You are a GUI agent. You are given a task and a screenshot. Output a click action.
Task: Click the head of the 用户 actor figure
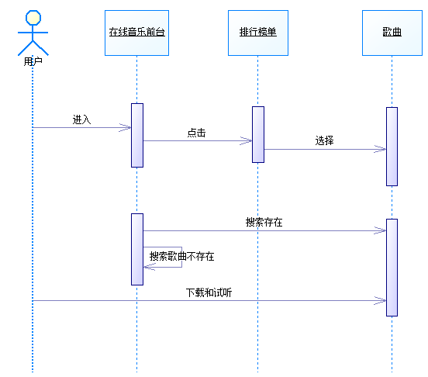[33, 18]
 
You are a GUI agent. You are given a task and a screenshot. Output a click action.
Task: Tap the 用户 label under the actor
[33, 62]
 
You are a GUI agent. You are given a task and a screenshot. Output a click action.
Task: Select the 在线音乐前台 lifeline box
[136, 33]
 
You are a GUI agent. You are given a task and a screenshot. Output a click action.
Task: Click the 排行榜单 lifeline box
[258, 33]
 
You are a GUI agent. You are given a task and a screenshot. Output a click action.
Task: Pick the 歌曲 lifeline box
[392, 33]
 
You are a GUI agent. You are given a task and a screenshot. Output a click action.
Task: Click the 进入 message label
[81, 119]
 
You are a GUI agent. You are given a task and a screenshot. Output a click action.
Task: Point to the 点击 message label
[196, 133]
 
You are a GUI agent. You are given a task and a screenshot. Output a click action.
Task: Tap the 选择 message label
[325, 140]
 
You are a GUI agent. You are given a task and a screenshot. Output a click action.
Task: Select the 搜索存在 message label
[264, 222]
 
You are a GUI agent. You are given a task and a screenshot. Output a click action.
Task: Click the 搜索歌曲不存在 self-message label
[181, 256]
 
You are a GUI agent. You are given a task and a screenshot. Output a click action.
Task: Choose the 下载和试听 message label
[209, 292]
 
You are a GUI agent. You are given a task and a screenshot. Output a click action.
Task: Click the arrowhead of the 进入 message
[130, 127]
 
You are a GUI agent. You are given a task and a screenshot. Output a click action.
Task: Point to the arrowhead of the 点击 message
[251, 141]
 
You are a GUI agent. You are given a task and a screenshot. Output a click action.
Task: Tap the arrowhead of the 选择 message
[385, 149]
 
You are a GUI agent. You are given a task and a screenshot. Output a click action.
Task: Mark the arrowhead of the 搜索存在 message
[385, 230]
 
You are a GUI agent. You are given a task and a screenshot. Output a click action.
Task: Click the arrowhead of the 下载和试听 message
[385, 300]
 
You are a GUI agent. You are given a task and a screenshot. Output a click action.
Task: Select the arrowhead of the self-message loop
[144, 267]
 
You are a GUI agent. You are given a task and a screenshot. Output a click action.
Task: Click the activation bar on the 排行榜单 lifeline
[258, 134]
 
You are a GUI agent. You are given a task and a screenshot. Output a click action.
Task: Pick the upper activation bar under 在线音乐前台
[137, 135]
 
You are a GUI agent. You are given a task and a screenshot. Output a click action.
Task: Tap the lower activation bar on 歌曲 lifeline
[392, 268]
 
